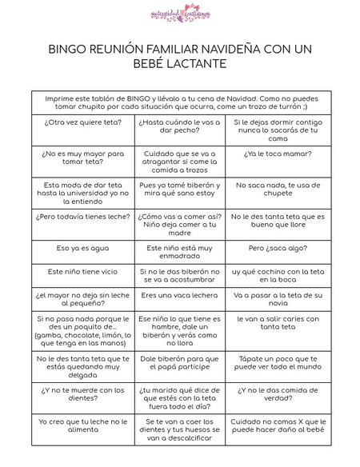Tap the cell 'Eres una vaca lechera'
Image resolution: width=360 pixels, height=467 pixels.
click(178, 295)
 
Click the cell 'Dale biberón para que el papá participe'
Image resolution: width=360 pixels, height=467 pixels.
click(178, 364)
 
